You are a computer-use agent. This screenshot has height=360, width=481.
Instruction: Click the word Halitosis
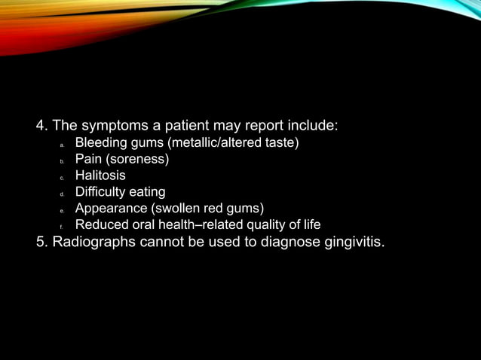point(100,175)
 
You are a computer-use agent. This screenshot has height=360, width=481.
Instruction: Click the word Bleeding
point(100,142)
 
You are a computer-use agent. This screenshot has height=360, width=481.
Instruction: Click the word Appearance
point(110,208)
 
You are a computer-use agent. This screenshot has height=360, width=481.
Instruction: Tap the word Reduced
point(101,224)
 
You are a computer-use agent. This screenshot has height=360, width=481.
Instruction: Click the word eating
point(147,192)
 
